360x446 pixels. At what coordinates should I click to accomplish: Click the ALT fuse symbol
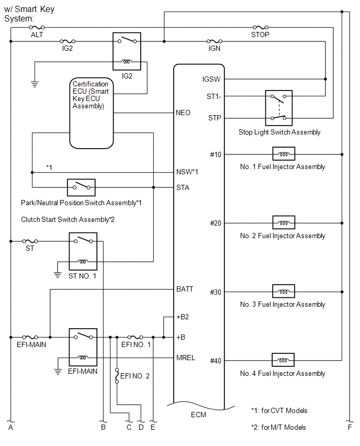37,27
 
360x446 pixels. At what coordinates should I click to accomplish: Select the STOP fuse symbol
260,27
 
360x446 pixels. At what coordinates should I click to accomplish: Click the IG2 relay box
127,51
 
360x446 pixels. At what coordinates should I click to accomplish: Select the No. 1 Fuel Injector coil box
283,154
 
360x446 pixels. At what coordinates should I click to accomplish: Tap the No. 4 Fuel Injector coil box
283,361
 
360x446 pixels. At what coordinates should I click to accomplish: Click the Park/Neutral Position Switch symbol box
81,187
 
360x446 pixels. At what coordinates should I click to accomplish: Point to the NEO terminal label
184,113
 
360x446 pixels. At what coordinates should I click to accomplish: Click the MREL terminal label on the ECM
186,358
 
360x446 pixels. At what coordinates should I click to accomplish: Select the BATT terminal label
185,289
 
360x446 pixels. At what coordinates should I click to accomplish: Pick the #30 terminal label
216,292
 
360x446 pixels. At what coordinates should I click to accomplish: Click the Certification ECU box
92,113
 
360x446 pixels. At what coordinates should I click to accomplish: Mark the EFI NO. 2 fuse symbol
117,375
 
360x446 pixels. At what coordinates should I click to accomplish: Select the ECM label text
199,415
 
